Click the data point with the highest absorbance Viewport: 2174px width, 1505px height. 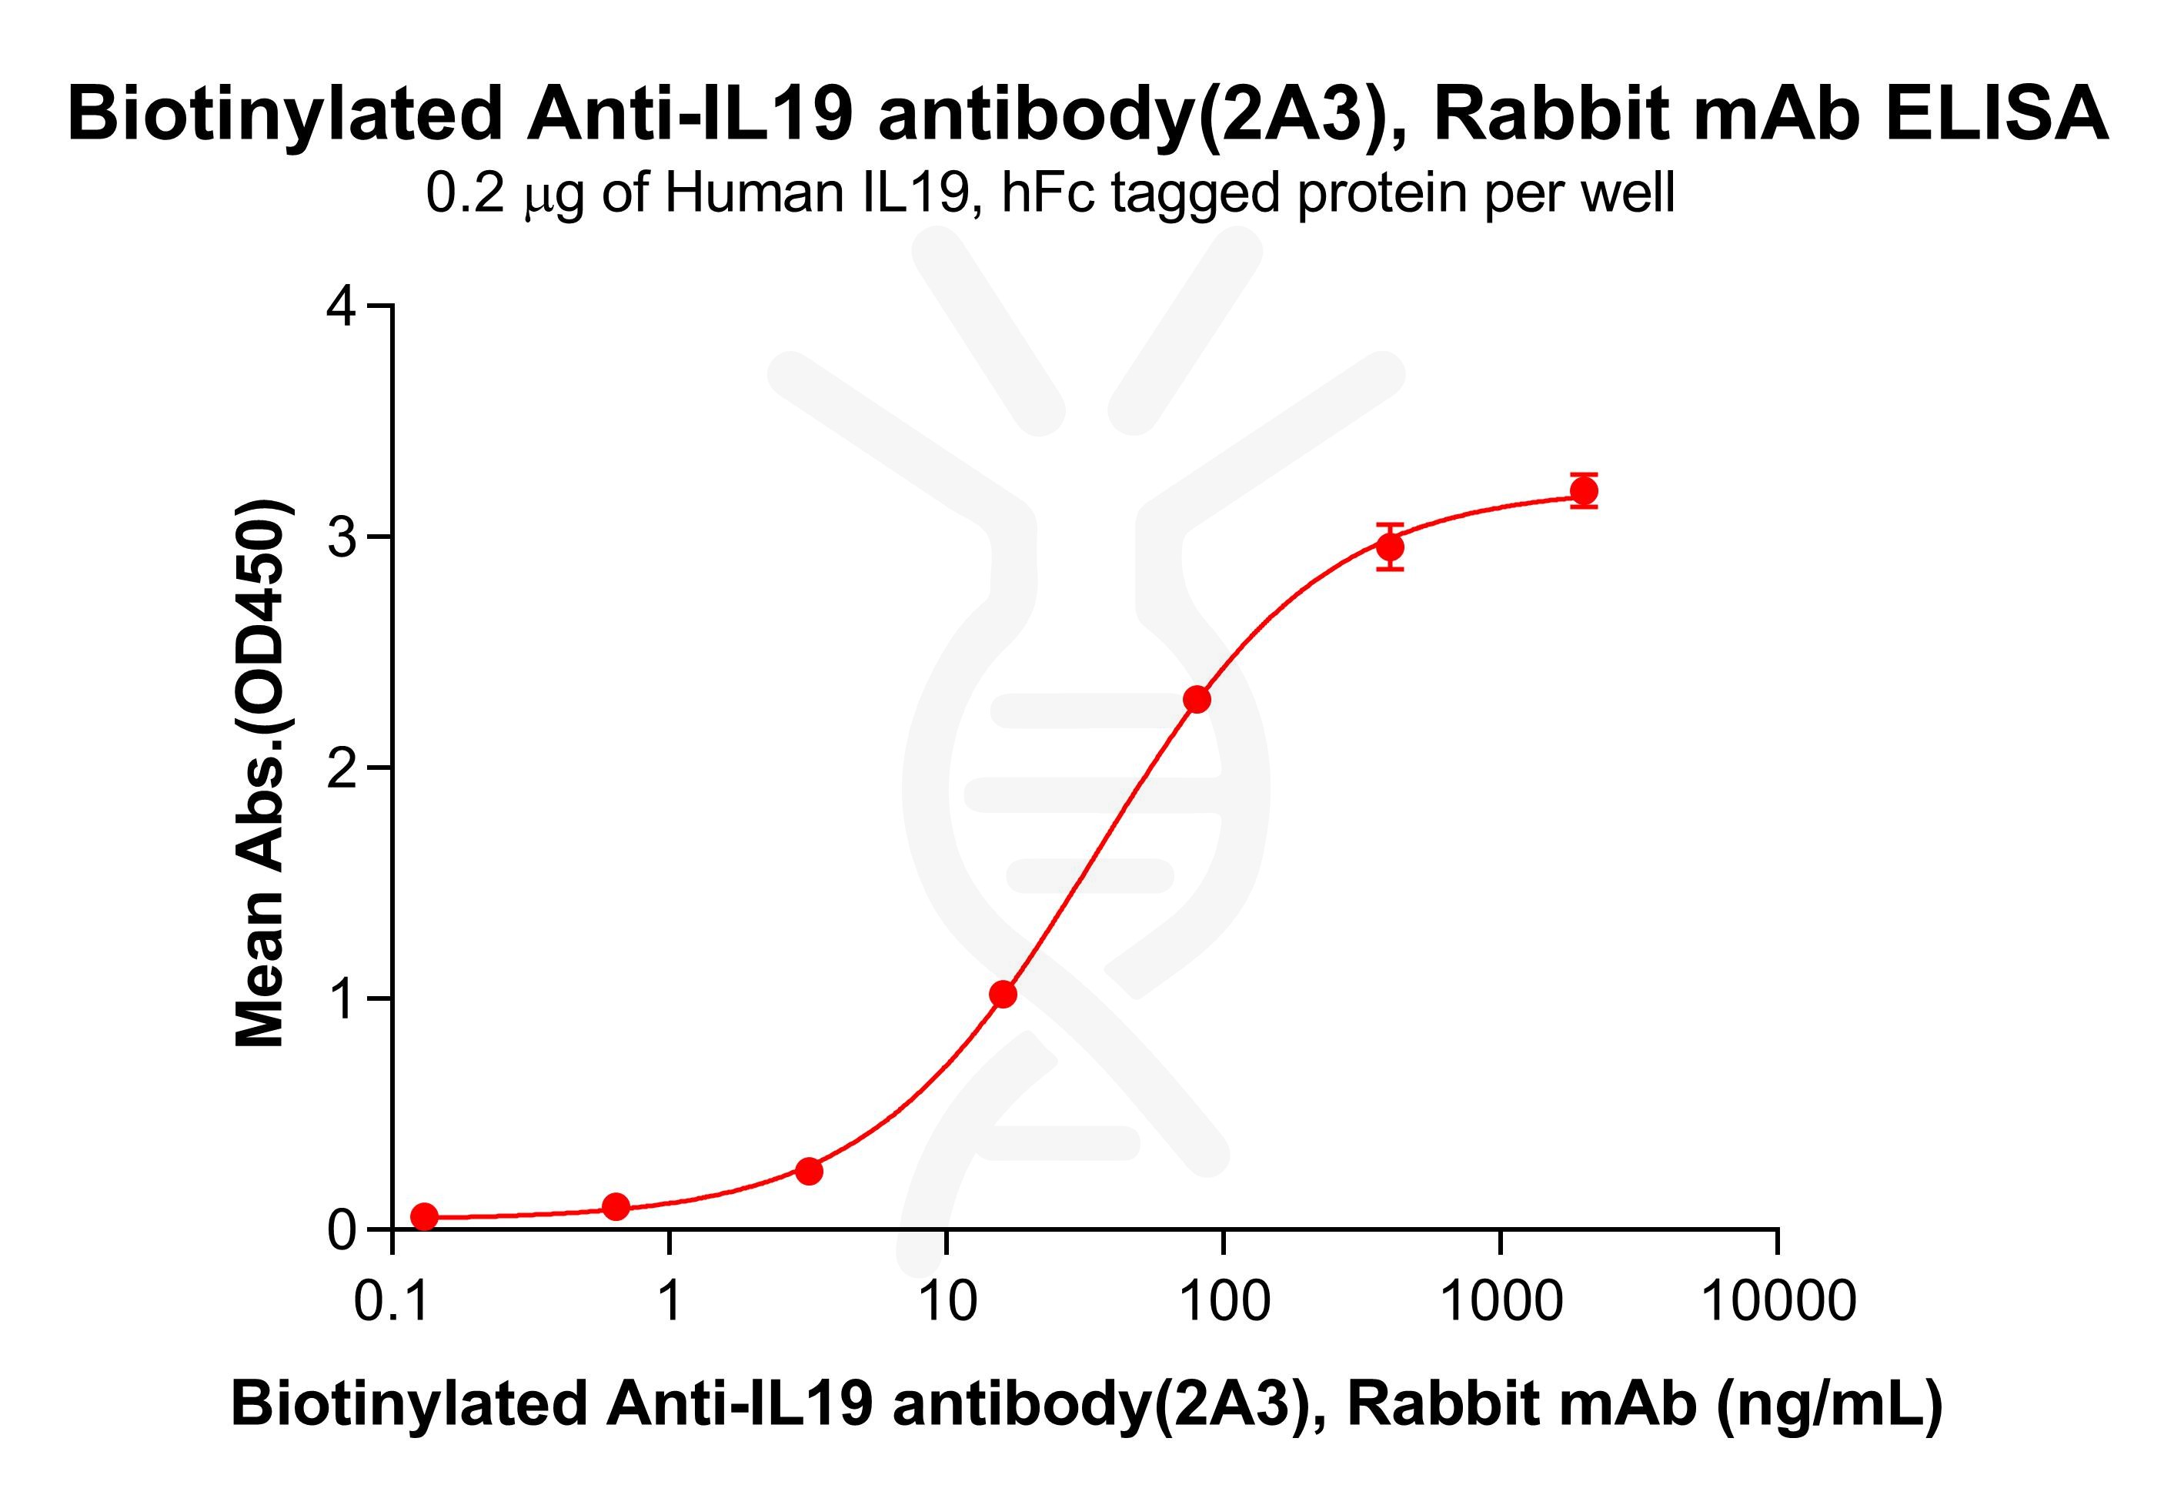click(1584, 490)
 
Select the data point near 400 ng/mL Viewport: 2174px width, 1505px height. click(1390, 547)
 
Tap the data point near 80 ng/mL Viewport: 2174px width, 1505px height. click(1197, 700)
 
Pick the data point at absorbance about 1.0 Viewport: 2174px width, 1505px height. click(1003, 994)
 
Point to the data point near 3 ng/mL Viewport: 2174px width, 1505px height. click(809, 1171)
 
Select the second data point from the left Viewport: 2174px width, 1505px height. click(616, 1206)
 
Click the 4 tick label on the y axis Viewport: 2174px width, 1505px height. click(341, 307)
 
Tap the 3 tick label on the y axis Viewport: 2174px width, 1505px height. click(341, 537)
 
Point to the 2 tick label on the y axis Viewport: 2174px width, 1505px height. click(341, 768)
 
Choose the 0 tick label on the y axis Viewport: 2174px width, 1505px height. click(341, 1229)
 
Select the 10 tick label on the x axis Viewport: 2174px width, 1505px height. click(947, 1303)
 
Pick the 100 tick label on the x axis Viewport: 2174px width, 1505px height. click(1224, 1303)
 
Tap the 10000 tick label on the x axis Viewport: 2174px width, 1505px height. click(1777, 1303)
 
